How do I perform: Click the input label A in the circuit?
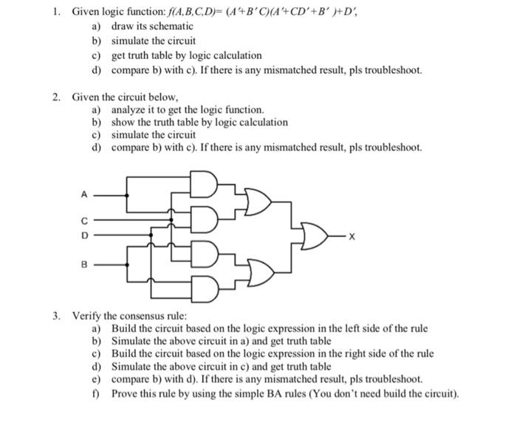point(84,195)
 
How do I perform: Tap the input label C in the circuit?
point(84,220)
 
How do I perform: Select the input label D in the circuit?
point(84,235)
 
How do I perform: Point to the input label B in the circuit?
point(84,263)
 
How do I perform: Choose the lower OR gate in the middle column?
point(258,270)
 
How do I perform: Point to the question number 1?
point(55,13)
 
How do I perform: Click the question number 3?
point(55,315)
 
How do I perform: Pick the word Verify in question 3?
point(86,315)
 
